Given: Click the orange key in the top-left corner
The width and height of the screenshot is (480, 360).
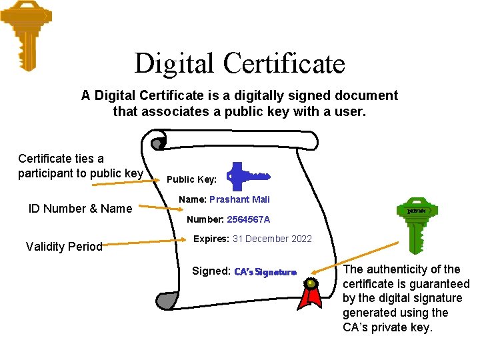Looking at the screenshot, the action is [x=27, y=33].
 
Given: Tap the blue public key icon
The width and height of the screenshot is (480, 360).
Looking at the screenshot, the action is [x=247, y=177].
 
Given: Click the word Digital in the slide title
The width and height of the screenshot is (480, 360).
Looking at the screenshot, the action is [x=175, y=63].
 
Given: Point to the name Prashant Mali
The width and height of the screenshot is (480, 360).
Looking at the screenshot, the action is [x=239, y=199].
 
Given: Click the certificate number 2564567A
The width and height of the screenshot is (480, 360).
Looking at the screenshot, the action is [x=249, y=219].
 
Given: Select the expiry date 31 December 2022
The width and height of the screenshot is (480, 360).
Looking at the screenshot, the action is [x=272, y=239].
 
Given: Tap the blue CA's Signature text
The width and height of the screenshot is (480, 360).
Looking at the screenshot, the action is [x=265, y=272].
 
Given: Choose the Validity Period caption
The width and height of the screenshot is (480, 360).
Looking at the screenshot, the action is [x=64, y=247].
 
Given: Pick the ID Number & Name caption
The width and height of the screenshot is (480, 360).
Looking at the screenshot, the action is [x=80, y=209].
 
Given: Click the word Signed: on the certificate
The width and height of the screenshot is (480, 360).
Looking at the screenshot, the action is [x=211, y=271].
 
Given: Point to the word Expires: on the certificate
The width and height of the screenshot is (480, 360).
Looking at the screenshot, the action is [x=211, y=239].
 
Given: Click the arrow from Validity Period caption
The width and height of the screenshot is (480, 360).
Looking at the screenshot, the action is [x=143, y=243].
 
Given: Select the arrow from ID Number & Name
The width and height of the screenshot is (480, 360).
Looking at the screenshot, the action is [x=153, y=205].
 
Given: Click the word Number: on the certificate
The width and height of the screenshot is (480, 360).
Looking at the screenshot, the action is [x=205, y=219].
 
